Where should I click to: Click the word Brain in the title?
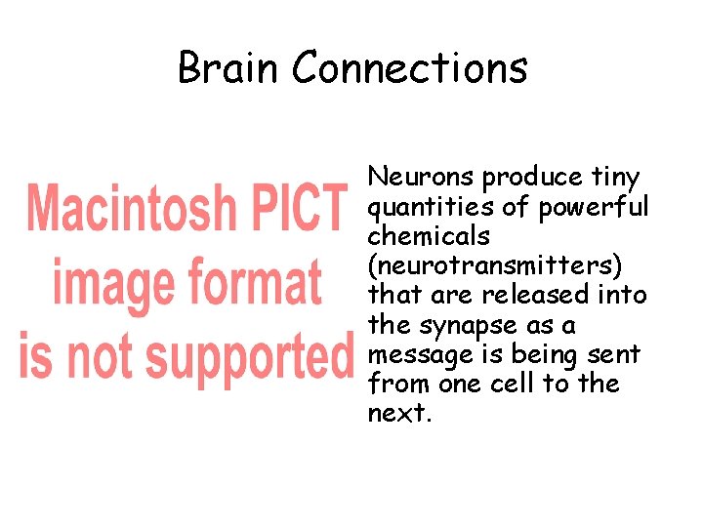click(229, 68)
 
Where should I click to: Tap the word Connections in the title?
click(410, 68)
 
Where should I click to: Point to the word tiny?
click(615, 179)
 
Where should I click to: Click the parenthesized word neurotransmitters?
click(499, 266)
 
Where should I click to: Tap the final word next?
click(398, 413)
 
